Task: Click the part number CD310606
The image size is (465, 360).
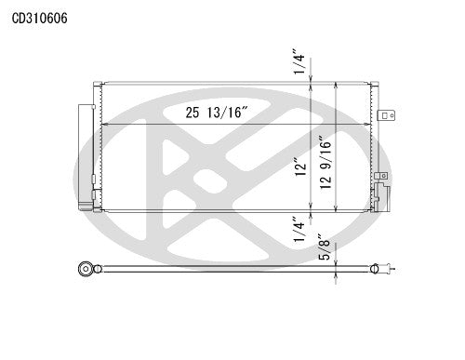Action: click(x=39, y=18)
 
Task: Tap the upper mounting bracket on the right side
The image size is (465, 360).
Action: click(x=392, y=116)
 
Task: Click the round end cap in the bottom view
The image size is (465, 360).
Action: click(x=86, y=271)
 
